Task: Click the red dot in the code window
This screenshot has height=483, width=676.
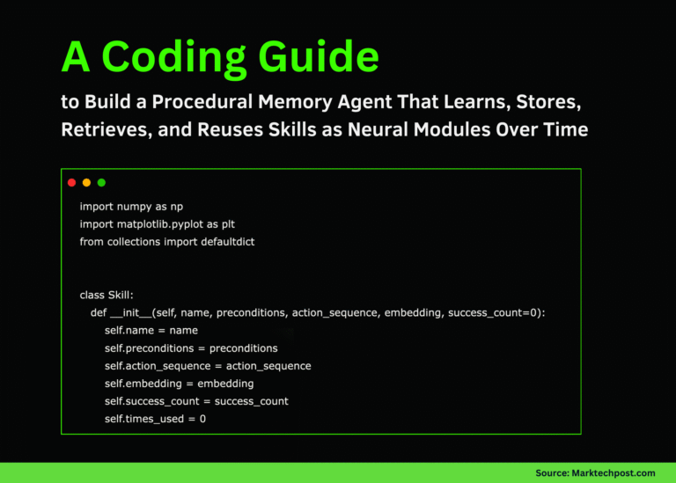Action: coord(71,183)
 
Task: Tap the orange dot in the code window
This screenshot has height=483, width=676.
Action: coord(86,183)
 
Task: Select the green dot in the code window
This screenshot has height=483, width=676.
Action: coord(101,183)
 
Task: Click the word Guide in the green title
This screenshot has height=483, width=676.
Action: coord(319,57)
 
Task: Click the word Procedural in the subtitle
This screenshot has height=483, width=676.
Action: coord(202,102)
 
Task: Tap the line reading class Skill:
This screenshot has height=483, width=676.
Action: coord(107,295)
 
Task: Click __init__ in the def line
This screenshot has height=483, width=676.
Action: coord(130,313)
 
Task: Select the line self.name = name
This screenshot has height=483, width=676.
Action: coord(151,331)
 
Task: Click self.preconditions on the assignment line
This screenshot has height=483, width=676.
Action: coord(149,348)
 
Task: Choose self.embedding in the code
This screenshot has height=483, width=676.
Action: coord(143,384)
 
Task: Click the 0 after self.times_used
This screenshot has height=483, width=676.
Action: coord(202,419)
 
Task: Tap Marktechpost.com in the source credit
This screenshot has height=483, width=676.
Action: coord(614,473)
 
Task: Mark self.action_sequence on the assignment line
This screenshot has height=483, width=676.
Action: coord(158,366)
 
